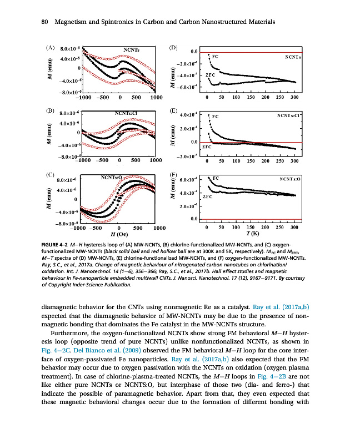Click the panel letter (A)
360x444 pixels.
(50, 48)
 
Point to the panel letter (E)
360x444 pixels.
(173, 111)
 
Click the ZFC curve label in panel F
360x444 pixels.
(208, 196)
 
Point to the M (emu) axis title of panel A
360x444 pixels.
(49, 72)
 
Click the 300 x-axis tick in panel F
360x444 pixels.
(294, 228)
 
